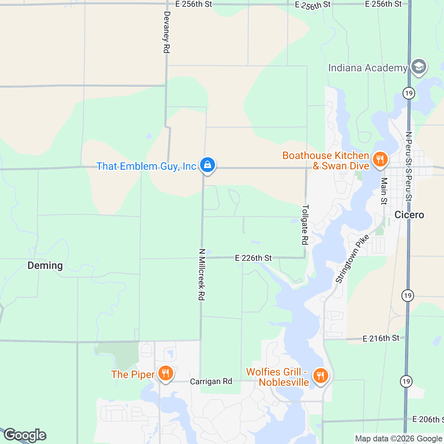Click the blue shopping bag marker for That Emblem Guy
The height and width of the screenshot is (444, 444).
pyautogui.click(x=208, y=165)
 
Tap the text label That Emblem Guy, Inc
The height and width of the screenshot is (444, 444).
pyautogui.click(x=146, y=166)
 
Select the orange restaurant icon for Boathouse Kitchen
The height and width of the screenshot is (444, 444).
pyautogui.click(x=380, y=159)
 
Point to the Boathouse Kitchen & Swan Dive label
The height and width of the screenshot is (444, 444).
pyautogui.click(x=326, y=161)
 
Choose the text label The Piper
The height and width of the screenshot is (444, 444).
pyautogui.click(x=133, y=374)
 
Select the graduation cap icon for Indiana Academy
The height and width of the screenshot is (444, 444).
pyautogui.click(x=419, y=67)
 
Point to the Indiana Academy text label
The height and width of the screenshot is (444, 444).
pyautogui.click(x=367, y=68)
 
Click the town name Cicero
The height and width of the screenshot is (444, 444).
pyautogui.click(x=409, y=215)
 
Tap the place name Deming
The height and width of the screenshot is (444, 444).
pyautogui.click(x=45, y=265)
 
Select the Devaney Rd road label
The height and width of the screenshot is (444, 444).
pyautogui.click(x=167, y=32)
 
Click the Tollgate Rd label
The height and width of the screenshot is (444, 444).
pyautogui.click(x=305, y=225)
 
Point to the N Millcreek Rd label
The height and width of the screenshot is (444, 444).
pyautogui.click(x=202, y=274)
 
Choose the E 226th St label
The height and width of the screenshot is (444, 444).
pyautogui.click(x=253, y=258)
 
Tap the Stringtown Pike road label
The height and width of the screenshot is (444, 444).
pyautogui.click(x=352, y=259)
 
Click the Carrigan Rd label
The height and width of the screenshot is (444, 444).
pyautogui.click(x=211, y=381)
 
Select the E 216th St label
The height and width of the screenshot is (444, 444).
pyautogui.click(x=381, y=338)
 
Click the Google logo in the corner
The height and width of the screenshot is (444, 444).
pyautogui.click(x=25, y=435)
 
